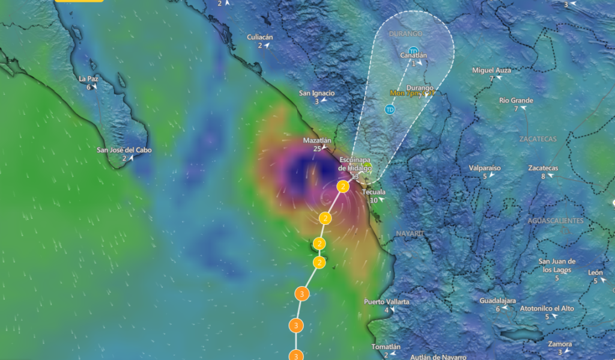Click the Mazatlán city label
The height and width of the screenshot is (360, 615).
(317, 140)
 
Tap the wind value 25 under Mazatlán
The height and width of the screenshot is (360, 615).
(317, 148)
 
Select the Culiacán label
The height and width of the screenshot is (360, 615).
(260, 37)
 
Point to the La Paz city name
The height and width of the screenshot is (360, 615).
(88, 79)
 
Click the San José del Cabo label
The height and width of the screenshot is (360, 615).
(124, 150)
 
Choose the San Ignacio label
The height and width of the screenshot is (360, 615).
(317, 93)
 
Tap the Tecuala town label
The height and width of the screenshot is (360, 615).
(373, 192)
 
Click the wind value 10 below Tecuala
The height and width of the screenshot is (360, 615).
(373, 200)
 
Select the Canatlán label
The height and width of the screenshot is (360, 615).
(414, 56)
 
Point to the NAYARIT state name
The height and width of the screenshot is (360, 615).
(410, 233)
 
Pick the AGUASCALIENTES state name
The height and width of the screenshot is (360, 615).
(556, 221)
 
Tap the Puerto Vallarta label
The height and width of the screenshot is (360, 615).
(386, 302)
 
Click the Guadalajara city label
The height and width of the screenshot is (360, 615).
(498, 301)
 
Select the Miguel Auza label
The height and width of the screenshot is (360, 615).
(491, 70)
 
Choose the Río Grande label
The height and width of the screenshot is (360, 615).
(516, 100)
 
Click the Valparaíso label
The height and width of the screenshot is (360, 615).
(484, 168)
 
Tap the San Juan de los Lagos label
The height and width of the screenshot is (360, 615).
(557, 265)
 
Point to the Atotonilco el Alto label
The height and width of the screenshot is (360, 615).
(547, 308)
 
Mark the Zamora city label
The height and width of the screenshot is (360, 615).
(560, 344)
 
